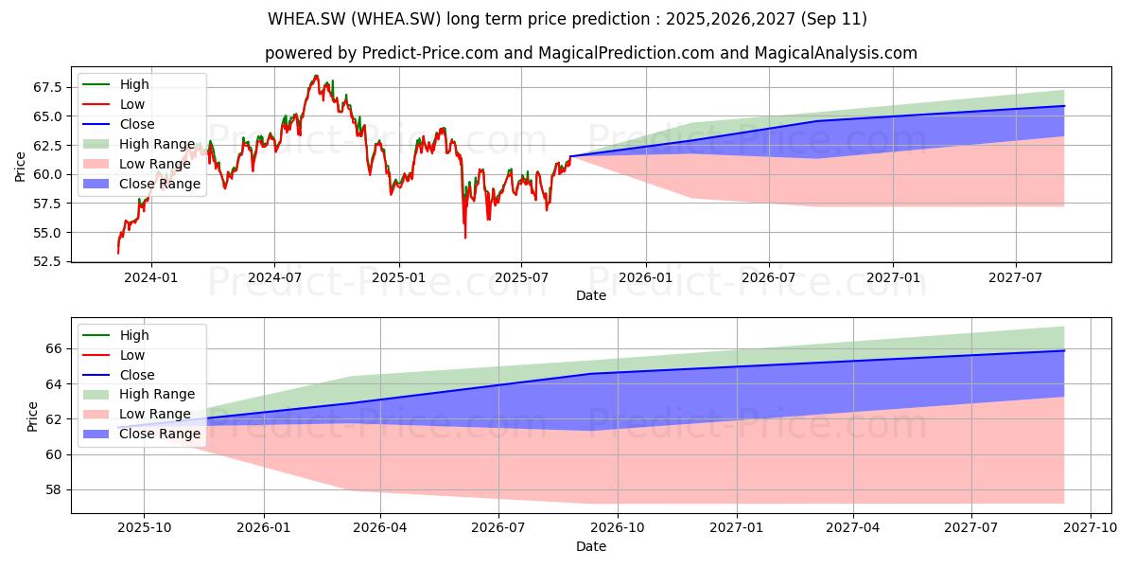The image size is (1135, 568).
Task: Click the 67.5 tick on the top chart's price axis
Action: pos(47,87)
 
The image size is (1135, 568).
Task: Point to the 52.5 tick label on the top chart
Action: pos(47,261)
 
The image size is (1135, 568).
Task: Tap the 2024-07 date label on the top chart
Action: pos(274,278)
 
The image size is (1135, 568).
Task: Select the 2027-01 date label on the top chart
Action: pos(893,278)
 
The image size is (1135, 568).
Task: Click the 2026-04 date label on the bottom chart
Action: pos(380,528)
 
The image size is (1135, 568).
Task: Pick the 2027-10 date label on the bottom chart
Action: pos(1091,528)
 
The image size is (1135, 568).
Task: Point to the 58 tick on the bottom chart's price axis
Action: pos(54,490)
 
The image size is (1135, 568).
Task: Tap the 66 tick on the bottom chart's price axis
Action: pos(54,349)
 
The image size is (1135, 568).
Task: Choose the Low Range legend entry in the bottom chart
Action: pos(137,414)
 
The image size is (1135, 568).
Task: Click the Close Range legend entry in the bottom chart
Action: pos(141,434)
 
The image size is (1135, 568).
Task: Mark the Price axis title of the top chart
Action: pos(20,167)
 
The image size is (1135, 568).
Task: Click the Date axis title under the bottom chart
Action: pos(591,546)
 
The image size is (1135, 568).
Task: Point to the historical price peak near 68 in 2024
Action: pos(316,76)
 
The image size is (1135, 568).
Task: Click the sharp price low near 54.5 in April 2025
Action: pos(465,238)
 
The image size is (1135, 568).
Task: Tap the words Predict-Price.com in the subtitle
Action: pos(429,53)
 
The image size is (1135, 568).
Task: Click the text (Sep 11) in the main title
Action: pos(833,19)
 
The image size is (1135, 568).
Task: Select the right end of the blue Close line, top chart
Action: pos(1064,106)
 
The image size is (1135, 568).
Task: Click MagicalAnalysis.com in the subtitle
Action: pos(835,53)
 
